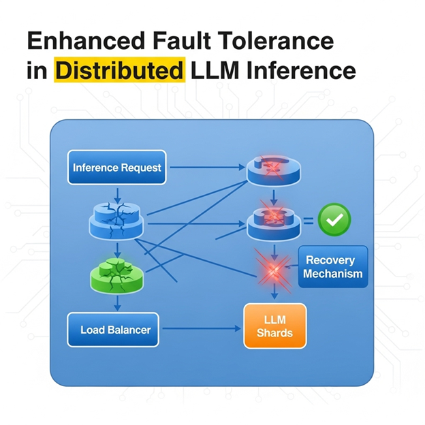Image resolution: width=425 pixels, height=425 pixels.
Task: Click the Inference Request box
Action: pos(117,168)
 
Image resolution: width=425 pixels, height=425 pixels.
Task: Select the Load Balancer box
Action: pos(113,330)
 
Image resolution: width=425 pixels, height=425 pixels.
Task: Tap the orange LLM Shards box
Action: pos(275,326)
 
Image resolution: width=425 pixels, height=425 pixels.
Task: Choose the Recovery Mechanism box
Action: pos(333,266)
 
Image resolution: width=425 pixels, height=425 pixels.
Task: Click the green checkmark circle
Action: pos(334,219)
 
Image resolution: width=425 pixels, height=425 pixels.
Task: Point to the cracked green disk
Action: pos(116,276)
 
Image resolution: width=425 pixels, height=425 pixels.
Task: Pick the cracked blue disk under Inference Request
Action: pos(116,221)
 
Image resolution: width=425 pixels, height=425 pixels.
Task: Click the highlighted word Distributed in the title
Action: pos(120,70)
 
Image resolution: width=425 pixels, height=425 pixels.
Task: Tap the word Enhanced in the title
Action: pos(86,41)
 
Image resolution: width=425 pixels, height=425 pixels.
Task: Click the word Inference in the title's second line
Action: pos(301,70)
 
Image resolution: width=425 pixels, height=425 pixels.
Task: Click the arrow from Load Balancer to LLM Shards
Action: pos(202,329)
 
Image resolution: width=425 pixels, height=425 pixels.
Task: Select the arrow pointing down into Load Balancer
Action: pos(117,303)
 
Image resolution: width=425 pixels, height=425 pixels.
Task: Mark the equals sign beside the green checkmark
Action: pos(308,221)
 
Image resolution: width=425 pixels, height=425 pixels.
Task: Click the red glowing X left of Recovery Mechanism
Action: pos(274,270)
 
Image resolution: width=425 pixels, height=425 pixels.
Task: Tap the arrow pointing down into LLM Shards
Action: pos(274,292)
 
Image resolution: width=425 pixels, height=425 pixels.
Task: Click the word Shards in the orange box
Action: pos(275,332)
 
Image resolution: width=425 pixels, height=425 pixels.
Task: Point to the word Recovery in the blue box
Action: pos(330,260)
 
